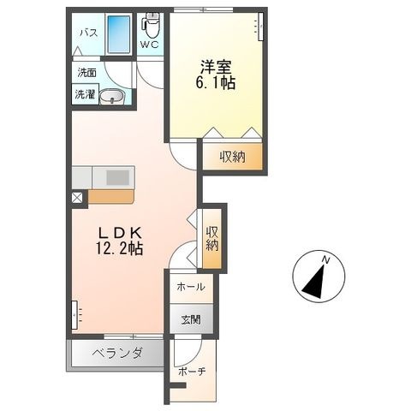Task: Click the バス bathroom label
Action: (x=89, y=33)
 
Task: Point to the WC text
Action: (x=149, y=45)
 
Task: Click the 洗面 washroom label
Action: (x=86, y=73)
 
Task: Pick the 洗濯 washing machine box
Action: (x=85, y=93)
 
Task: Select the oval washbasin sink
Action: (x=111, y=97)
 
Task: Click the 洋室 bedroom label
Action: (x=216, y=67)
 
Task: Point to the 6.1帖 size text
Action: (x=215, y=83)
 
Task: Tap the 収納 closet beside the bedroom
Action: (x=232, y=157)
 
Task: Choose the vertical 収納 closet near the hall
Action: (x=212, y=239)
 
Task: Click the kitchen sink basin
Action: (x=117, y=177)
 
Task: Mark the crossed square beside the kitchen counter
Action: (x=77, y=198)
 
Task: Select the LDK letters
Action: (x=120, y=234)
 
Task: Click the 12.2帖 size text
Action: (x=119, y=248)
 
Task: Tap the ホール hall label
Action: (x=191, y=287)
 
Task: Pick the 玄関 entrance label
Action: (x=191, y=320)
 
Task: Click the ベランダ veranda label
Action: (x=117, y=354)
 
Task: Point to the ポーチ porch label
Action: (x=192, y=372)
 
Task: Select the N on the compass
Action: (x=325, y=260)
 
